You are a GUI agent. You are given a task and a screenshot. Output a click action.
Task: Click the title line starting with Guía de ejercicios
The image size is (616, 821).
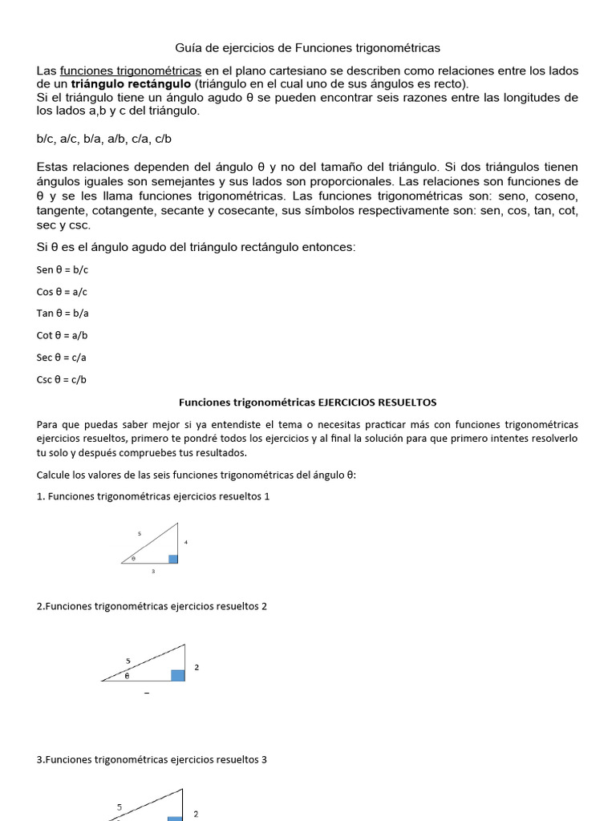click(308, 48)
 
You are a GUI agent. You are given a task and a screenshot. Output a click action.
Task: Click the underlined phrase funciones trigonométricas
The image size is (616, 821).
click(131, 71)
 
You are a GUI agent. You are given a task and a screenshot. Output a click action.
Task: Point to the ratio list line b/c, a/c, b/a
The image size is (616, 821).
click(104, 139)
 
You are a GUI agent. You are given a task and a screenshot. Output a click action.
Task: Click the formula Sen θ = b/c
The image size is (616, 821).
click(63, 270)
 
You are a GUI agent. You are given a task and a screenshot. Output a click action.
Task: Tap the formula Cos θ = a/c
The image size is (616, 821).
click(63, 292)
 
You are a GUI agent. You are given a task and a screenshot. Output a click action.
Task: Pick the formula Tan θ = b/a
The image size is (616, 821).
click(63, 313)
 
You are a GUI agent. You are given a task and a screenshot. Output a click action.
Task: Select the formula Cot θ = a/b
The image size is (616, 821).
click(63, 335)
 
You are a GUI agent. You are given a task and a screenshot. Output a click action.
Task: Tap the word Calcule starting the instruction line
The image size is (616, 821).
click(55, 475)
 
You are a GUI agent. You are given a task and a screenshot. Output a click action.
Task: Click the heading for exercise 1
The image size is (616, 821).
click(153, 496)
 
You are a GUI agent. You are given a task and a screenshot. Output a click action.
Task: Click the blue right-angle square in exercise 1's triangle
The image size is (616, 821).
click(173, 559)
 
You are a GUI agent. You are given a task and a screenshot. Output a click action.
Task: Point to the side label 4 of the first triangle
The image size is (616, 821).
click(186, 543)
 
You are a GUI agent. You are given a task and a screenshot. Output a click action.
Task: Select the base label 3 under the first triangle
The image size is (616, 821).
click(152, 572)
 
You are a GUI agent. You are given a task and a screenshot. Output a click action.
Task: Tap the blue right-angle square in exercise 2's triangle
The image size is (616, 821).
click(178, 675)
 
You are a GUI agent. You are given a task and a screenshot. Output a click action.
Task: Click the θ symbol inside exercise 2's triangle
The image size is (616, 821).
click(126, 675)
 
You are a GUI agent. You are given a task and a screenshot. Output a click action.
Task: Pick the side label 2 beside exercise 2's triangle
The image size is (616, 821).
click(197, 667)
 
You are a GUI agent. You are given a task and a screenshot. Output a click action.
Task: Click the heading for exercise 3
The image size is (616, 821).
click(152, 758)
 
